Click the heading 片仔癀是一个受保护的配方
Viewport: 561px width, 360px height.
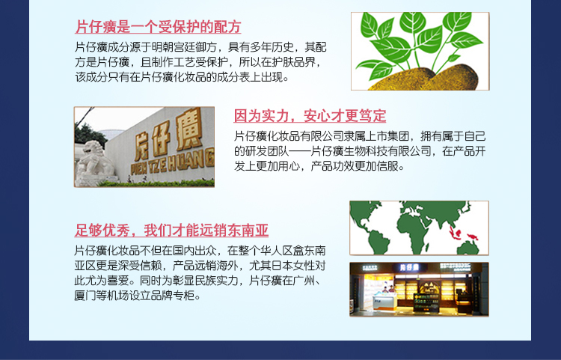(158, 27)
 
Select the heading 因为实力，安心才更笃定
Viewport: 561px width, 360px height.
(310, 115)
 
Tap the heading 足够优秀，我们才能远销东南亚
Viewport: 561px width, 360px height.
(171, 230)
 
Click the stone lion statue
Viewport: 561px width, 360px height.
(93, 163)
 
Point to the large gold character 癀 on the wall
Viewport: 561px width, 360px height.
(190, 129)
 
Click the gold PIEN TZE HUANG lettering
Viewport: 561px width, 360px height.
(173, 165)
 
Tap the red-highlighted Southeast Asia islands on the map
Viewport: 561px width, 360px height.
(462, 234)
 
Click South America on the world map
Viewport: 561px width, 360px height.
(378, 242)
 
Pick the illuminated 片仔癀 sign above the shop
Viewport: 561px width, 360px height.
(409, 267)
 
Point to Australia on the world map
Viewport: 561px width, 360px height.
(467, 248)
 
